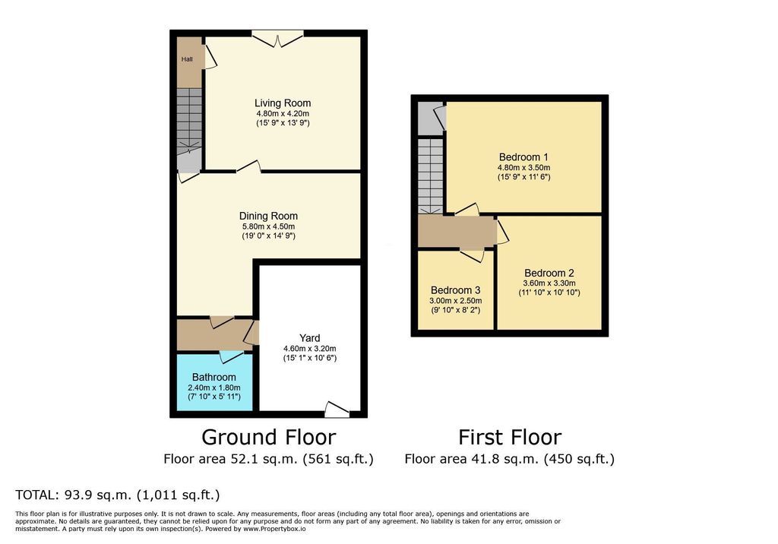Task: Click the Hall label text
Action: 186,59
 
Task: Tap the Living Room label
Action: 282,103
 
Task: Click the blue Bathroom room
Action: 213,383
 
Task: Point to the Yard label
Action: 309,338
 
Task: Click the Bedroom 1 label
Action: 523,157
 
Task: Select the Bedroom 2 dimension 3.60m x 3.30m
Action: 549,283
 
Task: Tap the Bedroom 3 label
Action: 455,290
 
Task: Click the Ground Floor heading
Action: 268,438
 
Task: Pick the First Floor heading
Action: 509,438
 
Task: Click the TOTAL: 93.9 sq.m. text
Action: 118,495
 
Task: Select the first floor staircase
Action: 429,175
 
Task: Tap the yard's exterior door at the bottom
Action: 336,410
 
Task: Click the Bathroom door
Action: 231,356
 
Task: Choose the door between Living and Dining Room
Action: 248,166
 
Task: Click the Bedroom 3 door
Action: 471,255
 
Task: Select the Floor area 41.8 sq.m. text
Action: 509,459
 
